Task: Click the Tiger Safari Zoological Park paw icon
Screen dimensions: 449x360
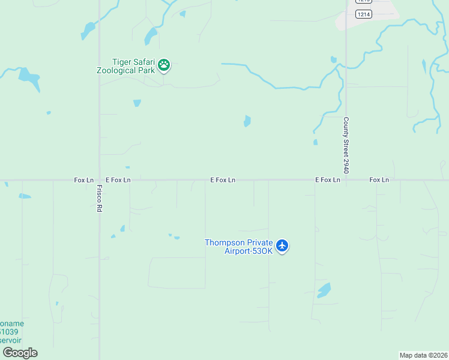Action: coord(164,65)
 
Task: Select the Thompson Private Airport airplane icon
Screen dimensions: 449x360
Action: coord(283,246)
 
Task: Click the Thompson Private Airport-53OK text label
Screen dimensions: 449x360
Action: coord(239,247)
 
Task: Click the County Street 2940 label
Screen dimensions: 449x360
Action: coord(346,145)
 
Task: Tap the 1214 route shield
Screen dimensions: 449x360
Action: coord(363,14)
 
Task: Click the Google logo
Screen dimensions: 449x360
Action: coord(20,353)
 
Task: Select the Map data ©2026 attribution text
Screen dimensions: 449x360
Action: coord(423,355)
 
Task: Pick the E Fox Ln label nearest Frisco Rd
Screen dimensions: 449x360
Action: coord(118,179)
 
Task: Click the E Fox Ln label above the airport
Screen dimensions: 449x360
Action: coord(223,179)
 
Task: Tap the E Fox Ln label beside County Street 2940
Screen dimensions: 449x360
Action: coord(328,179)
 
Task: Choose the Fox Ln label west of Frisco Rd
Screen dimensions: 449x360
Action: coord(84,179)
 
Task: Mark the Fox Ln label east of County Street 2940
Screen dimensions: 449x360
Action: coord(379,179)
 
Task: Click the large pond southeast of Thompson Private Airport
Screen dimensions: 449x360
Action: coord(324,290)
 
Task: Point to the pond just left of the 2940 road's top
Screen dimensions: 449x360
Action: coord(333,59)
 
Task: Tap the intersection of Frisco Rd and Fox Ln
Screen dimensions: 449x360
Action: coord(99,179)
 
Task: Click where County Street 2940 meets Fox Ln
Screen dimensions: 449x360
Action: coord(346,179)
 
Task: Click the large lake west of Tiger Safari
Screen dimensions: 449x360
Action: coord(28,77)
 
